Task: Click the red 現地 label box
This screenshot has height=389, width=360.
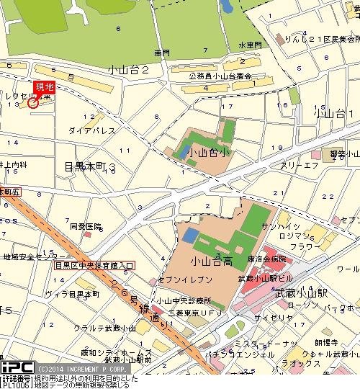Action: pyautogui.click(x=44, y=88)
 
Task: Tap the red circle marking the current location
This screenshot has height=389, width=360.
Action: pyautogui.click(x=32, y=103)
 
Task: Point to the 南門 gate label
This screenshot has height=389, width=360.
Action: pyautogui.click(x=161, y=53)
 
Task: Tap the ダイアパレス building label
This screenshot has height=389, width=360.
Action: pyautogui.click(x=92, y=130)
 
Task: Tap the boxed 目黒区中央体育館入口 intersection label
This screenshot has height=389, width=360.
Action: pyautogui.click(x=94, y=265)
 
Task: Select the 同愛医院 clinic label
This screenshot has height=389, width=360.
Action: pyautogui.click(x=83, y=225)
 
